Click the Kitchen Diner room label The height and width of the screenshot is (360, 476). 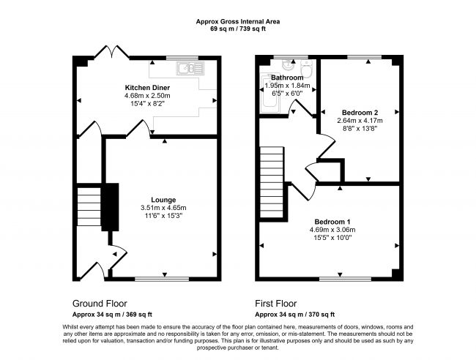147,88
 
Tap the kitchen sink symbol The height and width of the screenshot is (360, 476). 190,68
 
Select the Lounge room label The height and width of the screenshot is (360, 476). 163,200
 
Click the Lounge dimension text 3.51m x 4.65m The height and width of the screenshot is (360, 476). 163,208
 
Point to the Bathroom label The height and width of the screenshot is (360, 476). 287,78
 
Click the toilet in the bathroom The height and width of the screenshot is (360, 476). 306,69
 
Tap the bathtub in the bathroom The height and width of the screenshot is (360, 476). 269,91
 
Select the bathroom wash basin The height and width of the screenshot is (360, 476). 288,64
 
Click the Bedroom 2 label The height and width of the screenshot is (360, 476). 360,113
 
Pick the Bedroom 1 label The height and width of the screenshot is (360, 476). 332,222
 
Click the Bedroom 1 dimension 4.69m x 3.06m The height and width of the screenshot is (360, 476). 332,230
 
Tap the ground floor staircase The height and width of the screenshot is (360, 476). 89,206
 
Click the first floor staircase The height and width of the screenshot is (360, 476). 272,182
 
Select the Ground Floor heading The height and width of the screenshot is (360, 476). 100,303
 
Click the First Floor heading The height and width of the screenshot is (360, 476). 275,303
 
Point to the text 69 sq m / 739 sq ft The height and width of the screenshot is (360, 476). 238,29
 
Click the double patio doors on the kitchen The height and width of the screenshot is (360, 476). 112,52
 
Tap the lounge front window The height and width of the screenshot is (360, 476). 162,279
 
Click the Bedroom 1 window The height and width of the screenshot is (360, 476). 345,279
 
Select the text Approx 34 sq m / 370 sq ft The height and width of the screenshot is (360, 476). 295,315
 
